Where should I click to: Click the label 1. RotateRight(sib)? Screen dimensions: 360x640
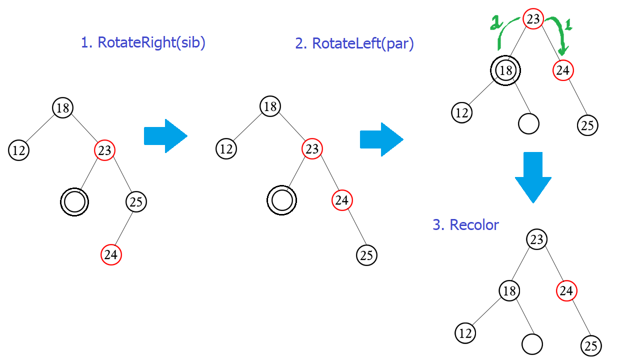tap(143, 42)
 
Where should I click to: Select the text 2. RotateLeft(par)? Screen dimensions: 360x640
tap(354, 43)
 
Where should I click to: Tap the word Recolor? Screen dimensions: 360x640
tap(474, 225)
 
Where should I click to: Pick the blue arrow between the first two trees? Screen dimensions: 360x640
tap(165, 135)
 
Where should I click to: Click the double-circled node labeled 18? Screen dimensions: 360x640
tap(505, 70)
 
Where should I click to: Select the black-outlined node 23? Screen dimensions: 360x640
tap(536, 239)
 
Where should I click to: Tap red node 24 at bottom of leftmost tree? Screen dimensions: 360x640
tap(111, 255)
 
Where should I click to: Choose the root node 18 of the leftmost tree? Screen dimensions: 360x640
tap(62, 107)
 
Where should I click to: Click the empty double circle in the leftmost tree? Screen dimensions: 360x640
tap(74, 202)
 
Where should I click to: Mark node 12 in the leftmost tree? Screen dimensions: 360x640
tap(18, 150)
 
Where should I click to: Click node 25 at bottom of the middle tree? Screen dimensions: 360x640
tap(366, 255)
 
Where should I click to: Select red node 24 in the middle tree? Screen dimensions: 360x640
tap(342, 200)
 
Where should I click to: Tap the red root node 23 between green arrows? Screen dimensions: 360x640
tap(533, 19)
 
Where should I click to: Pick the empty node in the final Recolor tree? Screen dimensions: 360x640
tap(532, 344)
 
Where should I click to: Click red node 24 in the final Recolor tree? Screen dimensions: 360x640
tap(566, 290)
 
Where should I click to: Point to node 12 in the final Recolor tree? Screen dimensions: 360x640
tap(465, 333)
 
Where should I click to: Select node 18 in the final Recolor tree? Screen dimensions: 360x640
tap(509, 290)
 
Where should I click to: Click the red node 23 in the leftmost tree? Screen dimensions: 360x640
tap(104, 150)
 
